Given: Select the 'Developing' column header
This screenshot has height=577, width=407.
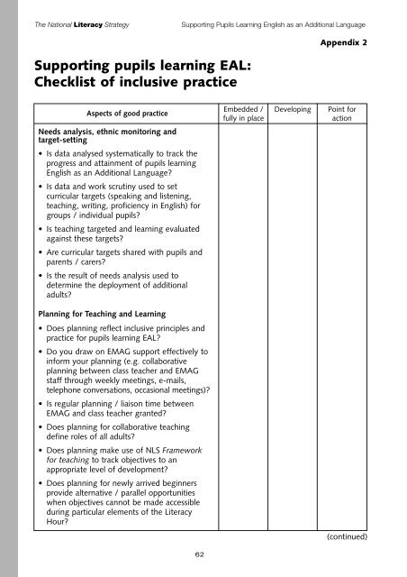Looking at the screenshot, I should coord(304,109).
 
